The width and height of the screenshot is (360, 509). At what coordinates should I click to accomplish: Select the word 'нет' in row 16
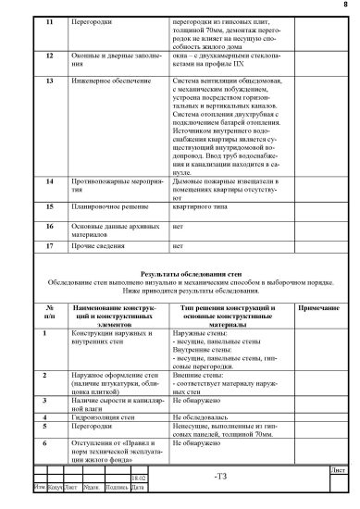click(x=179, y=226)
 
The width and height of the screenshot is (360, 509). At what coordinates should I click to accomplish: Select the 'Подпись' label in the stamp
click(x=117, y=487)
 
